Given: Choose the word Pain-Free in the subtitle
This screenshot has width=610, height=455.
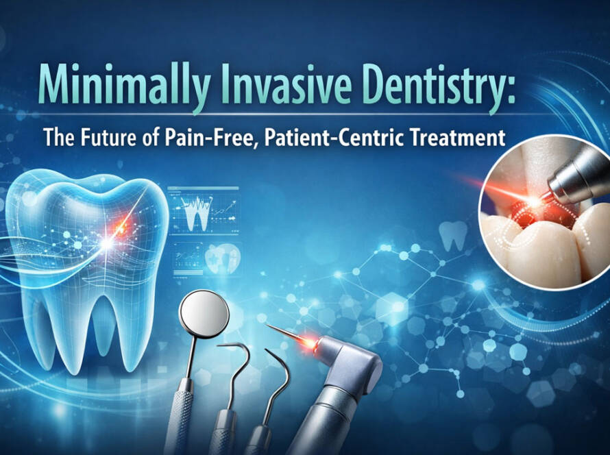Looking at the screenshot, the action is tap(211, 138).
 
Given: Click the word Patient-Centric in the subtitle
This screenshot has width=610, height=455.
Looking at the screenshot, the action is tap(328, 137).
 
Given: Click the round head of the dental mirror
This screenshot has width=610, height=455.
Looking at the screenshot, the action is tap(204, 312).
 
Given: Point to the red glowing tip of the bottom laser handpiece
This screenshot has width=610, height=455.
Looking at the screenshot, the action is tap(309, 341).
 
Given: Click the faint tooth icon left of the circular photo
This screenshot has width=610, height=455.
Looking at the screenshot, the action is tap(453, 235).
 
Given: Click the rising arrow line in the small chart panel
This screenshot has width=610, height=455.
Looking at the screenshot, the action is tap(223, 209).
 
